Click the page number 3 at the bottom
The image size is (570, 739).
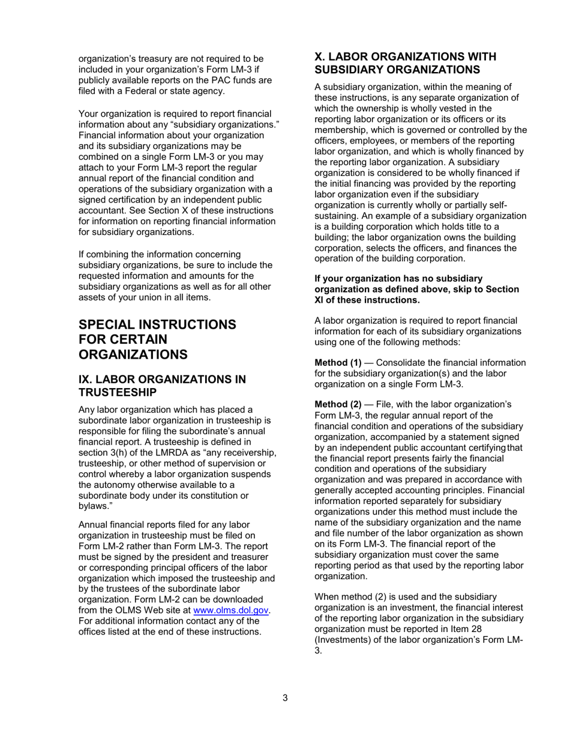tap(285, 698)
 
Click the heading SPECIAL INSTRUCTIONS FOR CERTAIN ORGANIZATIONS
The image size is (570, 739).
tap(158, 339)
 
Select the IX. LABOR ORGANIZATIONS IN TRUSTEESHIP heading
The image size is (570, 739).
tap(163, 386)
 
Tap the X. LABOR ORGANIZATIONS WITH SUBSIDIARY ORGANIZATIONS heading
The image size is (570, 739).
tap(406, 63)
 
